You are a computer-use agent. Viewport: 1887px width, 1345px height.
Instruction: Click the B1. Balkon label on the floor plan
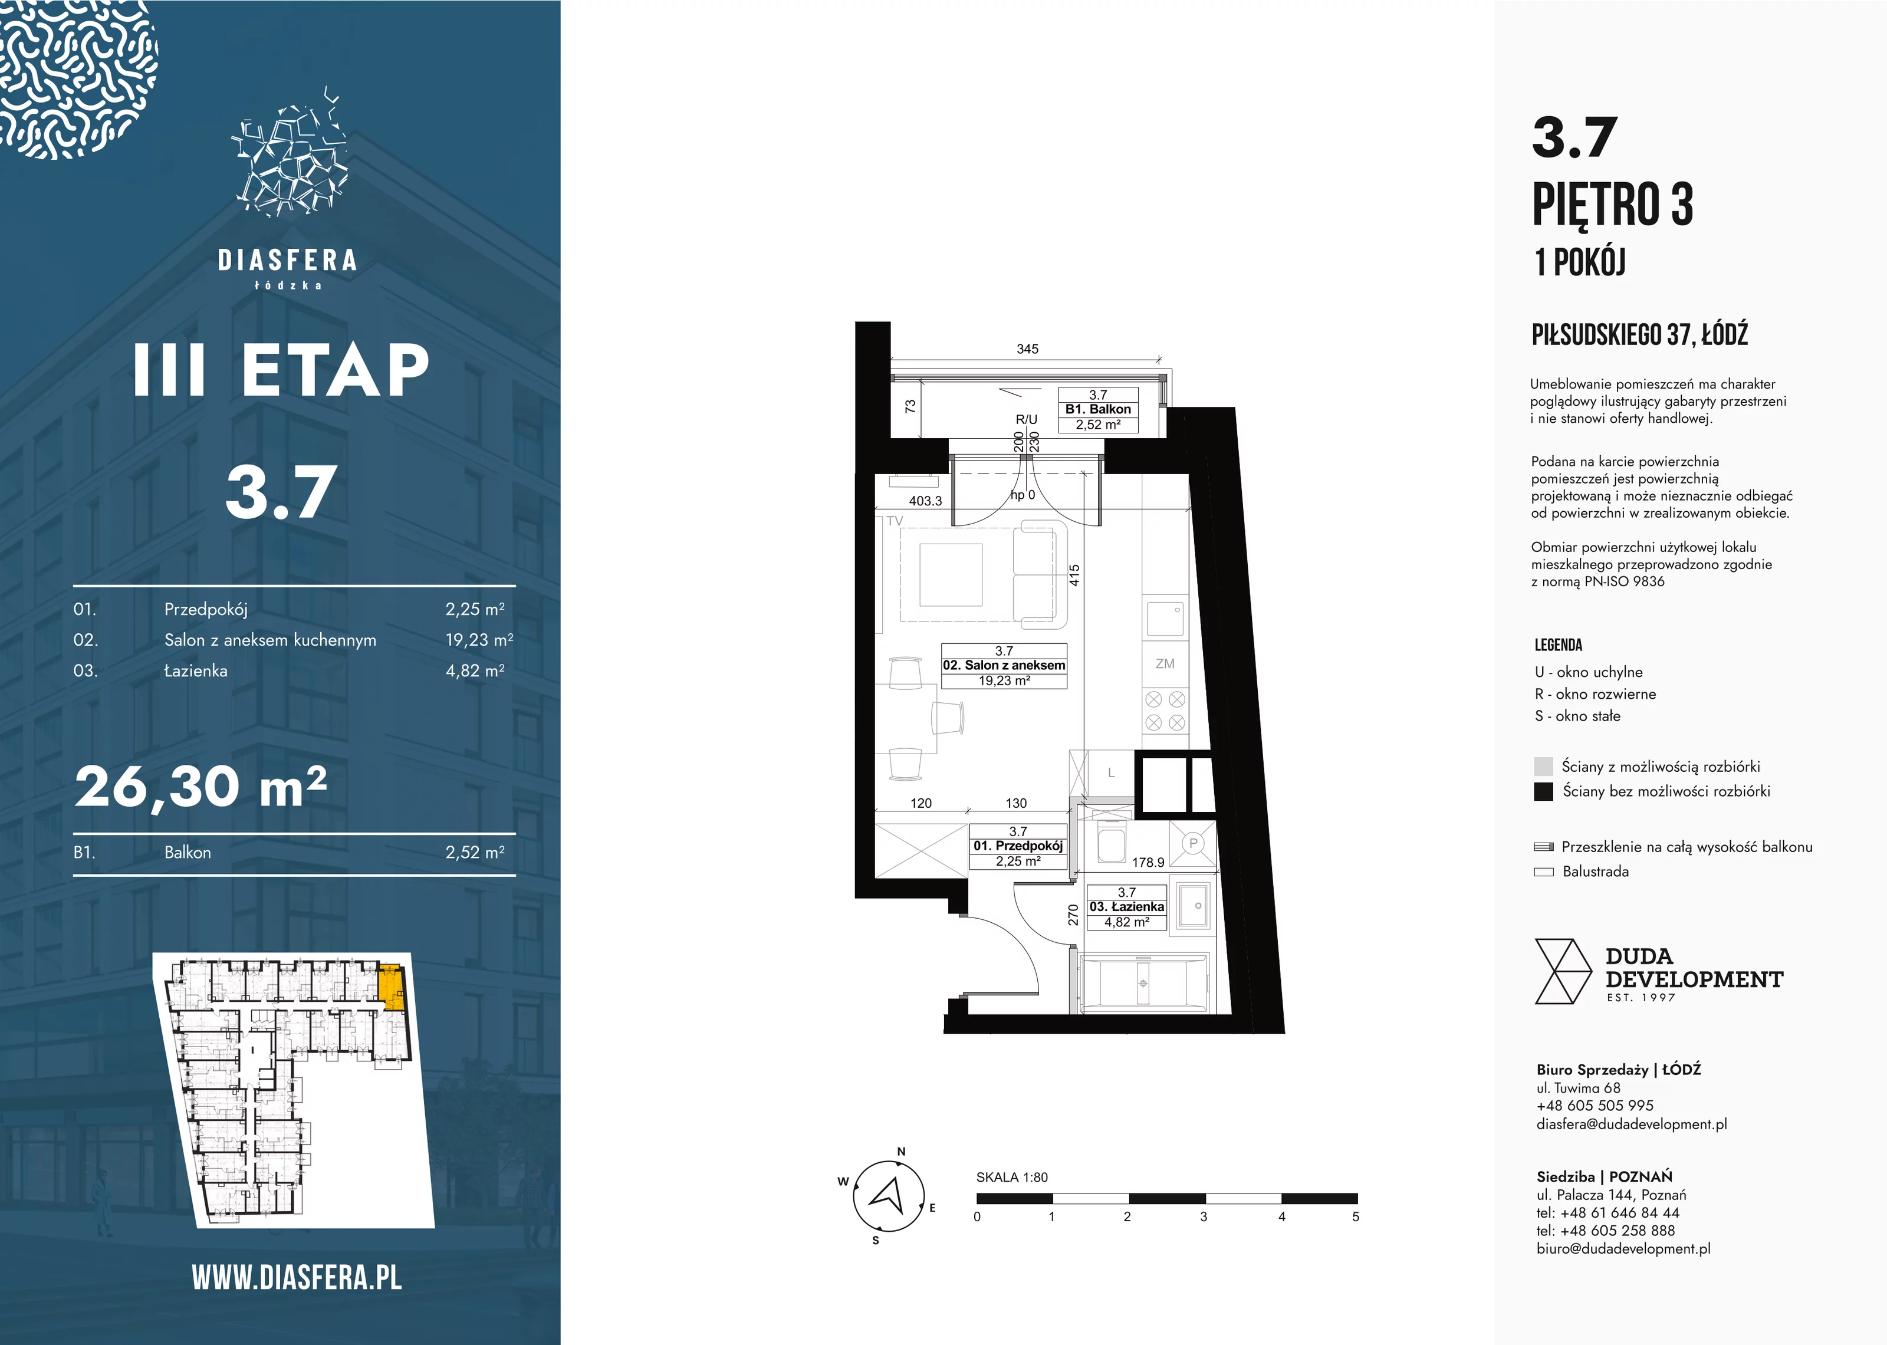(1098, 409)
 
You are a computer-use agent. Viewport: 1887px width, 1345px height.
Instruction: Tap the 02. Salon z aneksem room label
(1004, 665)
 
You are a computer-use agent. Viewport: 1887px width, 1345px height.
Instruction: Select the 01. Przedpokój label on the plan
(1018, 846)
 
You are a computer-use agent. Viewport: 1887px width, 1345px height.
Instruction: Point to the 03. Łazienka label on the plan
(1126, 907)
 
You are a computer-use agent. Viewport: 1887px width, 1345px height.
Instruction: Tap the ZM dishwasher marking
(1165, 663)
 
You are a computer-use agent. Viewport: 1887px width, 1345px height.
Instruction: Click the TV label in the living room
(894, 521)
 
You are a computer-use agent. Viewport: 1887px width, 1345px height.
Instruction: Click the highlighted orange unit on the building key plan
(391, 987)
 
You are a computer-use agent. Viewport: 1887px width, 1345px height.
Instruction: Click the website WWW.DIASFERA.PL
(297, 1277)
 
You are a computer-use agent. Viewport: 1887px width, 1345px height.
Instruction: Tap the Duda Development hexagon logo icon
(1563, 972)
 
